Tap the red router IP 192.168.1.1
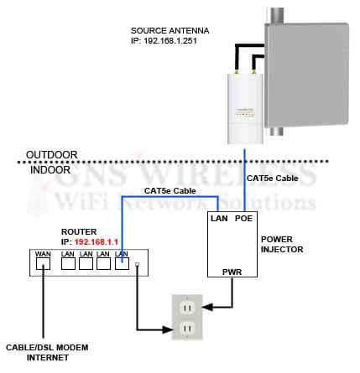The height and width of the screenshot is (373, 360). click(97, 241)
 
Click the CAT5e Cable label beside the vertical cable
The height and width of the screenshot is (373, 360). click(271, 179)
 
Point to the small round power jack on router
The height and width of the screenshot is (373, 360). click(137, 267)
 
